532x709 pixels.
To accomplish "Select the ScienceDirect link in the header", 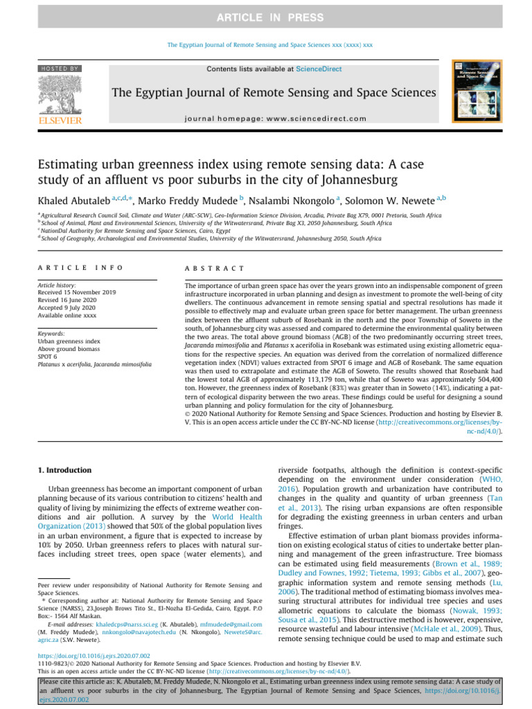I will [x=319, y=69].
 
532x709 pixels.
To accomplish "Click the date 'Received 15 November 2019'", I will [x=77, y=293].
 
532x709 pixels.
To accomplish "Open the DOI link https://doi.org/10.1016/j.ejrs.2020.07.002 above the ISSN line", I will [x=92, y=655].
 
